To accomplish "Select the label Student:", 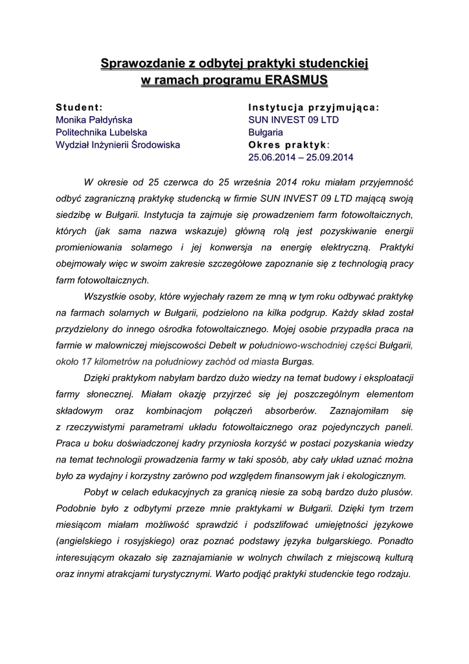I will (80, 107).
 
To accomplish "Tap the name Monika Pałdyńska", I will (94, 120).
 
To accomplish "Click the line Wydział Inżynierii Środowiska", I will (118, 145).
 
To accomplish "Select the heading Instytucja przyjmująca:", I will (314, 107).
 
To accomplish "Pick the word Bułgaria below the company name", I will (266, 132).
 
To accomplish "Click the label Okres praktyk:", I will (289, 145).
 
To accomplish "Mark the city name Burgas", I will (298, 361).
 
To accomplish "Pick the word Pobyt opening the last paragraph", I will (97, 492).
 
